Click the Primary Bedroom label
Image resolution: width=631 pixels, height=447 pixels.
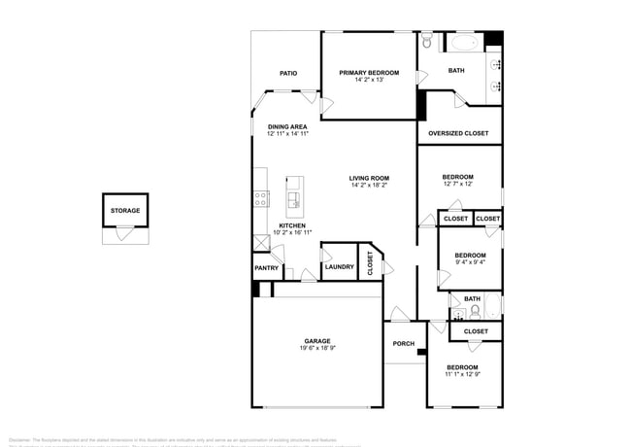point(369,73)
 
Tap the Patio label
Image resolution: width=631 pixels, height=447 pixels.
point(288,73)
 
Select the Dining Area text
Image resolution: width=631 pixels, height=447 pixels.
point(287,126)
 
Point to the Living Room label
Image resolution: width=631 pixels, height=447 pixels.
point(369,178)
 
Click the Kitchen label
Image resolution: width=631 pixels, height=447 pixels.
point(280,225)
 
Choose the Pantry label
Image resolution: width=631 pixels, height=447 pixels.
point(267,268)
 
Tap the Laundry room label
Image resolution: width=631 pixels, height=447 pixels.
point(339,267)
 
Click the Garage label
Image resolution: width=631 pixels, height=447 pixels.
point(317,341)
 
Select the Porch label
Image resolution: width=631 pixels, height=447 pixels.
point(404,344)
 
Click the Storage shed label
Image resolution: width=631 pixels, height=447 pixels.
point(124,210)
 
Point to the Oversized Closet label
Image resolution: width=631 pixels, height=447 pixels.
point(458,133)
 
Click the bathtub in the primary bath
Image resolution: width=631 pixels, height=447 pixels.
point(460,43)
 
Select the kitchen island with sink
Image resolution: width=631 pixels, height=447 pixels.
point(294,197)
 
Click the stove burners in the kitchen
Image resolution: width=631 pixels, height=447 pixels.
point(260,199)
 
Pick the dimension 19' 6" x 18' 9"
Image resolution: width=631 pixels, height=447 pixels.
point(317,348)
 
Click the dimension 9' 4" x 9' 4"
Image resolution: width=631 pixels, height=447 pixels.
point(470,261)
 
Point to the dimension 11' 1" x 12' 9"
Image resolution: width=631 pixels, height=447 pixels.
point(462,374)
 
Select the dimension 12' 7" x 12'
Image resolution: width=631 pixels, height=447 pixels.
point(458,184)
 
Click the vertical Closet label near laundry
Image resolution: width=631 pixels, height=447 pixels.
point(370,263)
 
